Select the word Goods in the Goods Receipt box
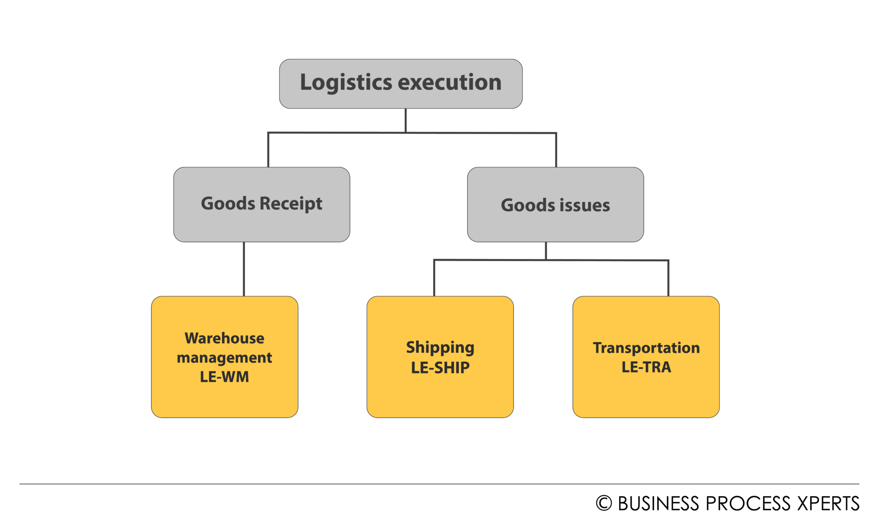point(228,203)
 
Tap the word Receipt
point(291,203)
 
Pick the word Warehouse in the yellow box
point(224,338)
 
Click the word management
point(224,357)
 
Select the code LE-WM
point(224,377)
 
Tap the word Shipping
point(440,347)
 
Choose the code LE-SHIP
point(440,367)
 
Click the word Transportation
point(646,348)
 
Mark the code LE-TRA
point(646,367)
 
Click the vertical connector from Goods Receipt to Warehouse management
point(244,269)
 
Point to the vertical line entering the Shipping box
point(434,278)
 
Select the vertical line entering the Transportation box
point(669,278)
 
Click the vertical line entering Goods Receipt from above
point(268,150)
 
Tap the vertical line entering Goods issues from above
point(556,150)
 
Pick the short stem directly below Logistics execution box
point(406,120)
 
